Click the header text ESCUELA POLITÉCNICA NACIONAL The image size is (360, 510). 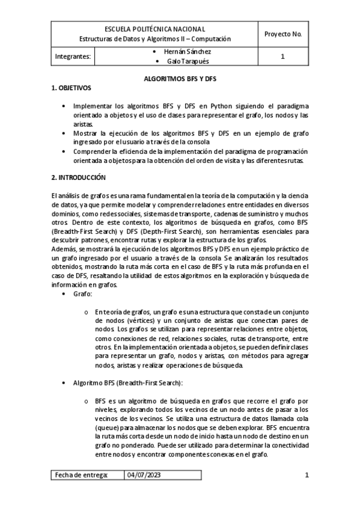[x=155, y=29]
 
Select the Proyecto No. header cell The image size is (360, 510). [x=282, y=34]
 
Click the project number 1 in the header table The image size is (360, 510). [x=282, y=57]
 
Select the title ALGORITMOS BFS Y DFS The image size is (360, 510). [x=180, y=78]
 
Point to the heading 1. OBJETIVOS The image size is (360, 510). [x=70, y=88]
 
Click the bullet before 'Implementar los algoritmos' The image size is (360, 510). [x=65, y=105]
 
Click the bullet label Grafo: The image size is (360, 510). [x=82, y=295]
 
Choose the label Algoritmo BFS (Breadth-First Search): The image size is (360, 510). [x=128, y=383]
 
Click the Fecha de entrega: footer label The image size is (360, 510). [x=82, y=475]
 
